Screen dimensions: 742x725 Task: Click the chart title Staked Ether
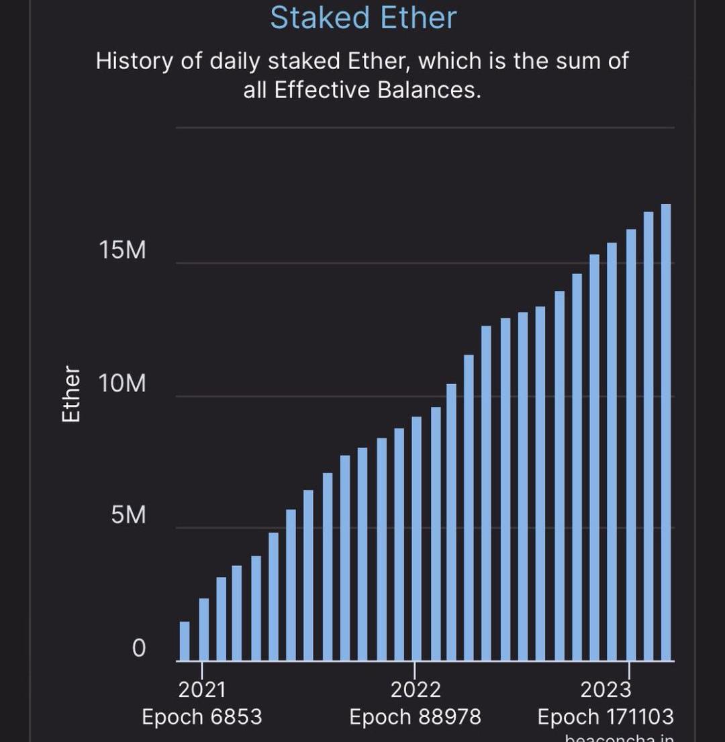[363, 17]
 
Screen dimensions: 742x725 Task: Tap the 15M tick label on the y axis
[122, 250]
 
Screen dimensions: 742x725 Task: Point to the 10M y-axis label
[122, 384]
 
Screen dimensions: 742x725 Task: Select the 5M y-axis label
[128, 516]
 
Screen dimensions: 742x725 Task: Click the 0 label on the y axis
[138, 648]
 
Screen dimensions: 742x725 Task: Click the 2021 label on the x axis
[202, 690]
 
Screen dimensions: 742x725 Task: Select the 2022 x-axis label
[416, 690]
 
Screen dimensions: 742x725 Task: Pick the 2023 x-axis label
[606, 690]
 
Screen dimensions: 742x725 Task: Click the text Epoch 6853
[202, 717]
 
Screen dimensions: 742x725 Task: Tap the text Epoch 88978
[416, 717]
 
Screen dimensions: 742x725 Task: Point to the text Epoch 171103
[606, 717]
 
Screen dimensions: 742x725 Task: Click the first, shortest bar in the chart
[185, 641]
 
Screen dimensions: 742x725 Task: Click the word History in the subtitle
[134, 61]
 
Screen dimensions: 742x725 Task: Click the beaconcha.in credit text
[619, 737]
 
